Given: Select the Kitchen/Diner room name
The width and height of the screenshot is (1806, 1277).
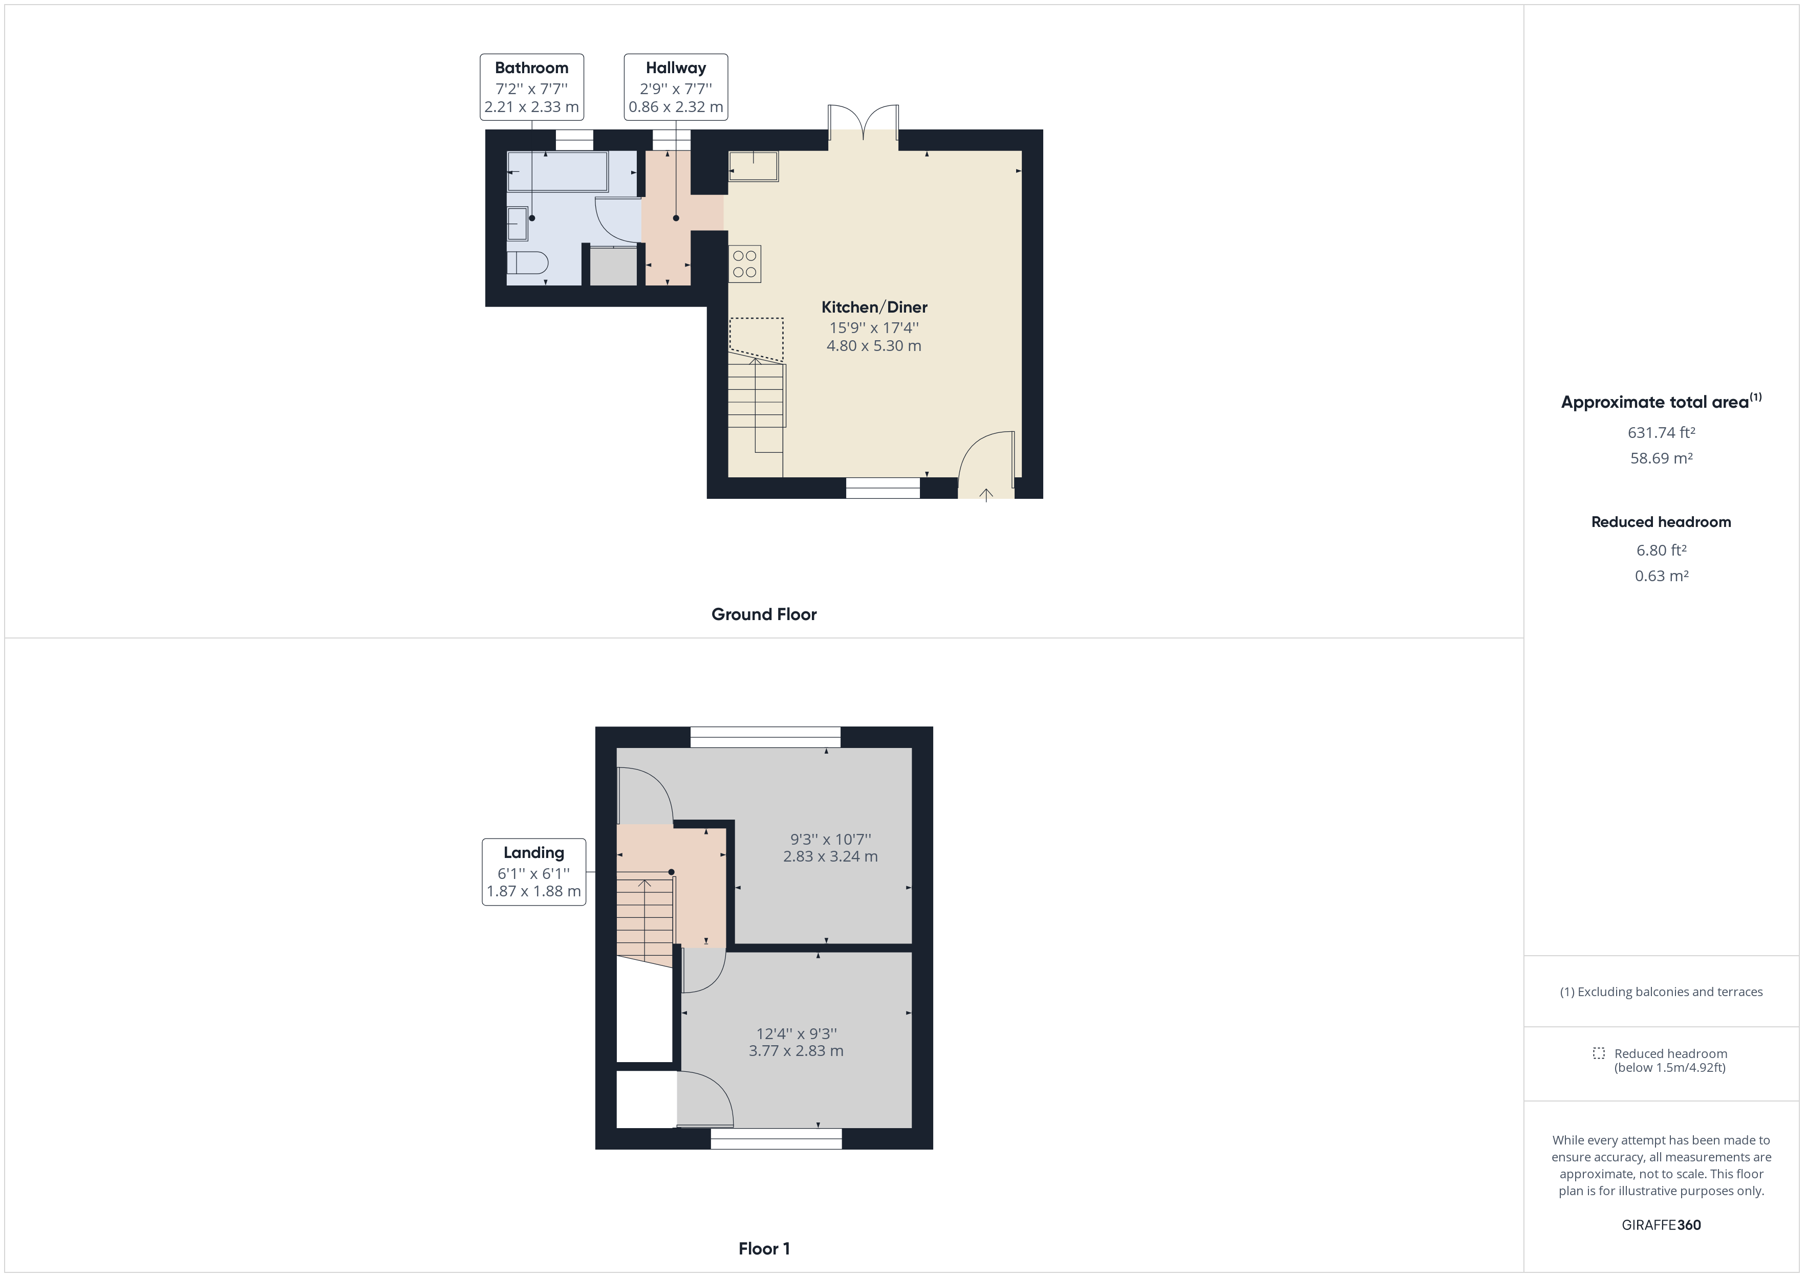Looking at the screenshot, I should pos(874,307).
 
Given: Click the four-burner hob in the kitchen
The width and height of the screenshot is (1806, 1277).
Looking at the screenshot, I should pos(744,264).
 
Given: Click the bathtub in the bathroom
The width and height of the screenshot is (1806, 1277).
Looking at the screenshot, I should pos(557,171).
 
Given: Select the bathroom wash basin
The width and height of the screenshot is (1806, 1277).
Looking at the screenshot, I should pos(517,223).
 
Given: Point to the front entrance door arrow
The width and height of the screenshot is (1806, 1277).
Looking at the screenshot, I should pos(985,494).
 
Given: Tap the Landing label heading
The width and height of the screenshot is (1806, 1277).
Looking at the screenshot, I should pos(533,852).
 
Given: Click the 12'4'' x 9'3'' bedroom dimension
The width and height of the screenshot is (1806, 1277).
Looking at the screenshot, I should pos(796,1033).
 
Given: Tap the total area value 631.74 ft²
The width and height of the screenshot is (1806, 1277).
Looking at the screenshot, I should pos(1661,432).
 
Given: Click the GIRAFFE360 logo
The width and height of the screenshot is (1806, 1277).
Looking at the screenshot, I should pos(1661,1225).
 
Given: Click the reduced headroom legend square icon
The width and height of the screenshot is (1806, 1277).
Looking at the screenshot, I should pos(1598,1053).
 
